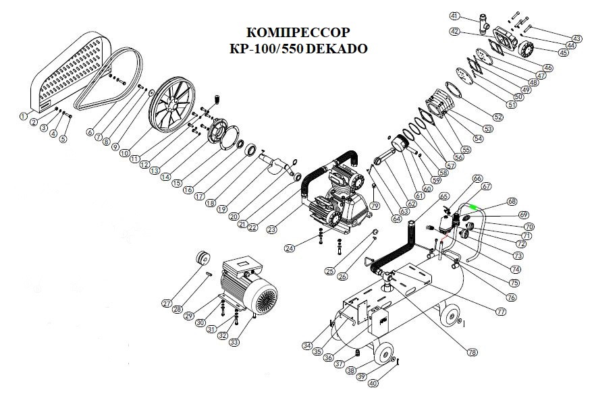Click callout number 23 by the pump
pos(271,229)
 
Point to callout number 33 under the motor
pos(234,342)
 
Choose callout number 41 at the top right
pos(454,16)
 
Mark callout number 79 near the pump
pos(375,204)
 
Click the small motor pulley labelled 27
pos(201,258)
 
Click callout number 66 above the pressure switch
pos(478,179)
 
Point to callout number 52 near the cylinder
pos(498,117)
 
